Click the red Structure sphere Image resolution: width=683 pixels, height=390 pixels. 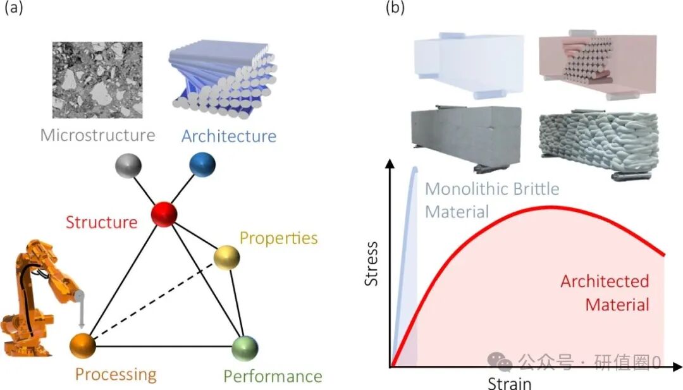tap(164, 215)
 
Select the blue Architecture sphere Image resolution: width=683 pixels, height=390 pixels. tap(202, 165)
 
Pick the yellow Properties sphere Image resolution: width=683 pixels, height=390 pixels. tap(227, 258)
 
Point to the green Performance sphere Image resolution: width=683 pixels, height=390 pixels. tap(245, 347)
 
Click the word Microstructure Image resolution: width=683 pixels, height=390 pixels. tap(97, 135)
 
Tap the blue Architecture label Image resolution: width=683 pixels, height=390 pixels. tap(229, 136)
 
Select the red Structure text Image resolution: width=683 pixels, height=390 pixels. tap(101, 222)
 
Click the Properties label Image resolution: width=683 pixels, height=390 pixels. tap(278, 238)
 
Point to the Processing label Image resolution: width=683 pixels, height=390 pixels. tap(116, 374)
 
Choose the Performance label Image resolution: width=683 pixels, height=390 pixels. tap(273, 377)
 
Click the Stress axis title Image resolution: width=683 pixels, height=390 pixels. tap(372, 263)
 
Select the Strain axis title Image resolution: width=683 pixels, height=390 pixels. tap(510, 383)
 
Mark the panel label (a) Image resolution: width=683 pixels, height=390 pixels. tap(15, 9)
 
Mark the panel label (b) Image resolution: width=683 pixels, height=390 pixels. tap(394, 9)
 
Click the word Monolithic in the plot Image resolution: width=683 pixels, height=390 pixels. tap(462, 188)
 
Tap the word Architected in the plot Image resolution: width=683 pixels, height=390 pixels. tap(605, 281)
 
